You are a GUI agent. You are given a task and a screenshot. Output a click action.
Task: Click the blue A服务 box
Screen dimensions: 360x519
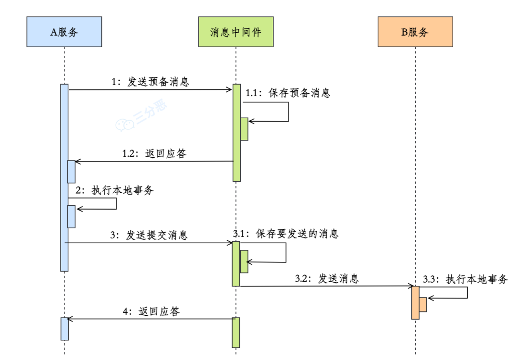click(64, 32)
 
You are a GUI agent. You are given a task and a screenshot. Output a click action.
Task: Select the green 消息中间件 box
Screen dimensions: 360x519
click(235, 32)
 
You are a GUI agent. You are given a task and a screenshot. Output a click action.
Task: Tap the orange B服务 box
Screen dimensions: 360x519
click(415, 32)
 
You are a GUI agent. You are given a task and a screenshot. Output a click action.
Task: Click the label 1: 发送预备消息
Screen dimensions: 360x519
click(150, 82)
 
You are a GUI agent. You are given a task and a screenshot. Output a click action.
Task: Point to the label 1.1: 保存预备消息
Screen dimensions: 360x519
click(288, 93)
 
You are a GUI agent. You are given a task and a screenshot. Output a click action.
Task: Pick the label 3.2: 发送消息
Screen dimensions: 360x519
click(327, 278)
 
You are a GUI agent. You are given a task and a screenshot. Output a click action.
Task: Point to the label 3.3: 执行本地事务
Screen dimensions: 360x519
click(465, 279)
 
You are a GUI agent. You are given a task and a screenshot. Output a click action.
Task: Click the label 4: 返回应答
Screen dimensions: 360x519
click(151, 311)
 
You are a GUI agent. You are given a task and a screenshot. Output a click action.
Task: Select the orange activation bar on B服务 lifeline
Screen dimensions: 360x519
click(415, 303)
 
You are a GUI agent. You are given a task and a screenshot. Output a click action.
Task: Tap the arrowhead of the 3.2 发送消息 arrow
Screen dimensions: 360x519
click(409, 286)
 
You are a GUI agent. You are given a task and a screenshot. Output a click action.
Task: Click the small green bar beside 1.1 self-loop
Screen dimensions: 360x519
click(244, 129)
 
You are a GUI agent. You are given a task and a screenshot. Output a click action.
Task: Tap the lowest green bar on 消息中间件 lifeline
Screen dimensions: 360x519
click(235, 332)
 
